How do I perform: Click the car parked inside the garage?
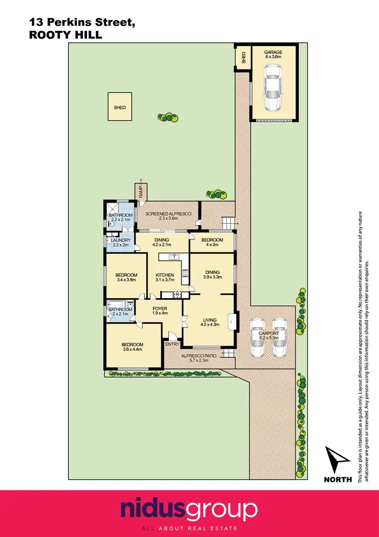pos(273,93)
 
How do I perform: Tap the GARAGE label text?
pos(273,52)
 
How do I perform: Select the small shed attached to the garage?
pos(243,58)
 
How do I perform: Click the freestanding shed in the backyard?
pos(120,107)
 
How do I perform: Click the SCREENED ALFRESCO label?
pos(168,214)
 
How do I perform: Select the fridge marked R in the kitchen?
pos(177,295)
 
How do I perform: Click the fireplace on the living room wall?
pos(231,320)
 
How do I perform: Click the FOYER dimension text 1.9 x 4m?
pos(160,313)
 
